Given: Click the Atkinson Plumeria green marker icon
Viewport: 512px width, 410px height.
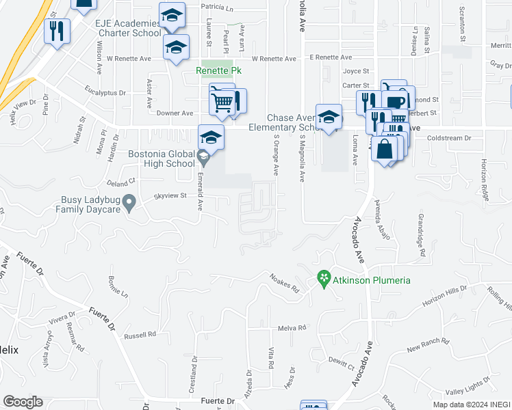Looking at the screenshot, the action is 324,279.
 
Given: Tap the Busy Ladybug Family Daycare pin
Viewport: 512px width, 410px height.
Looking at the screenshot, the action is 133,201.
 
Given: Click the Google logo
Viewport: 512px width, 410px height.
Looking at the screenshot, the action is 23,402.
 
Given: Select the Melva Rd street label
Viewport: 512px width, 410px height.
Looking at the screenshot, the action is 292,328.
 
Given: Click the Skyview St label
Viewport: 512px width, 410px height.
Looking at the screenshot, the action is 170,195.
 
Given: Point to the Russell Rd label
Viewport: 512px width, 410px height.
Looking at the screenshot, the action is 140,336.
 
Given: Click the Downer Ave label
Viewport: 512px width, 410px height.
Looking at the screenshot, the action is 175,113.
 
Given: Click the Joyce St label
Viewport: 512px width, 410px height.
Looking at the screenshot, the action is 356,71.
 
